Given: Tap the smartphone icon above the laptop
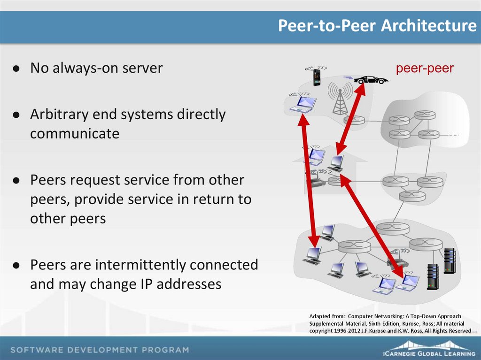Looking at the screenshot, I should [317, 77].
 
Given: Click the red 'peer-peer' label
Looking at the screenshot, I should [424, 69].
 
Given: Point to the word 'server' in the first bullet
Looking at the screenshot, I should [142, 69].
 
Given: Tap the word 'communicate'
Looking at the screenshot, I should [75, 134].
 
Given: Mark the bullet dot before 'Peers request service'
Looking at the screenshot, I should [16, 181].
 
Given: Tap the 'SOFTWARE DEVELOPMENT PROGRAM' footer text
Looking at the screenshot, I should [100, 350].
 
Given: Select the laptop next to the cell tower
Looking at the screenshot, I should [303, 104].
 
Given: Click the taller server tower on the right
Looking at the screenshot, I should [450, 261].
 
